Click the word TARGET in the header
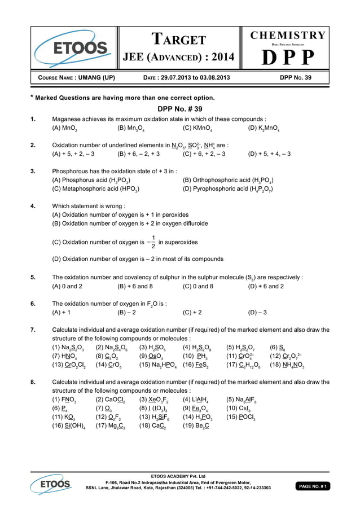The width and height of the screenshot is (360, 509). tap(179, 40)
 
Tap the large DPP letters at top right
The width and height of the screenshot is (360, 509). tap(288, 57)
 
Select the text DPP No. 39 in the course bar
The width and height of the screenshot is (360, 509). tap(296, 78)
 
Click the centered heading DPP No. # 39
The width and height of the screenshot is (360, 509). tap(179, 109)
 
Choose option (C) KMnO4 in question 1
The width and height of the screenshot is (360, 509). tap(201, 129)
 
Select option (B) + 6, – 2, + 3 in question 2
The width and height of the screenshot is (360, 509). tap(139, 153)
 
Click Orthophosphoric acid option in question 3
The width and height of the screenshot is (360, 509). tap(229, 180)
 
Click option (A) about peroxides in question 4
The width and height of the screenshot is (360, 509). tap(120, 214)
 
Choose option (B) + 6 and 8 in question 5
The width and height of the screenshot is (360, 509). tap(135, 286)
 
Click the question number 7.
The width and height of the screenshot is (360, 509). tap(33, 330)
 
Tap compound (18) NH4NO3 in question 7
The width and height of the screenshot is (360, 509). tap(288, 366)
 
